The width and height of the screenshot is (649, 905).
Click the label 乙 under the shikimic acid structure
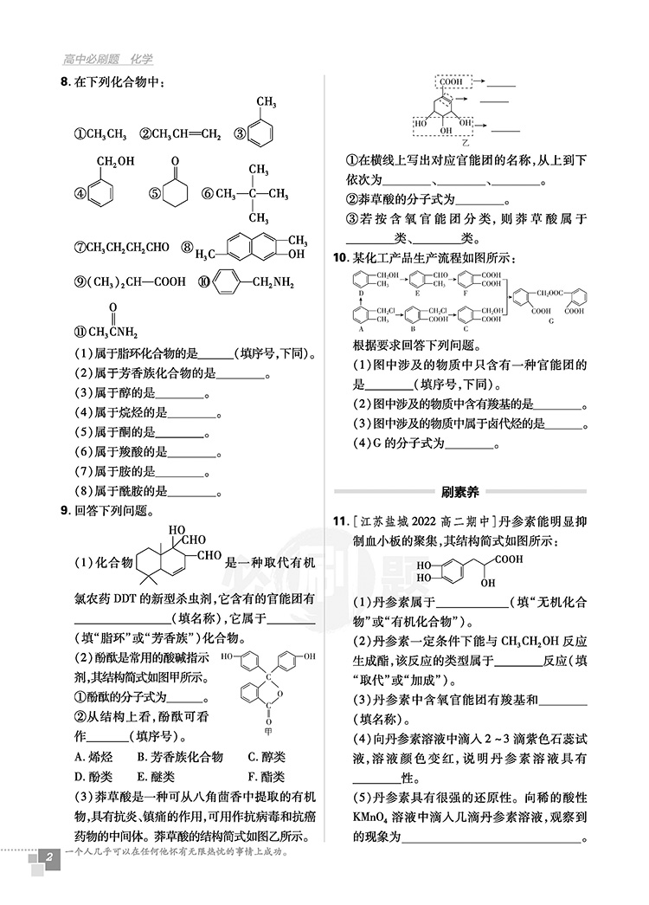(466, 141)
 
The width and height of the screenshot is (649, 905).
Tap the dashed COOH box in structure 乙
(451, 81)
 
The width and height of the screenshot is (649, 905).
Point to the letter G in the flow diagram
(550, 322)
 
